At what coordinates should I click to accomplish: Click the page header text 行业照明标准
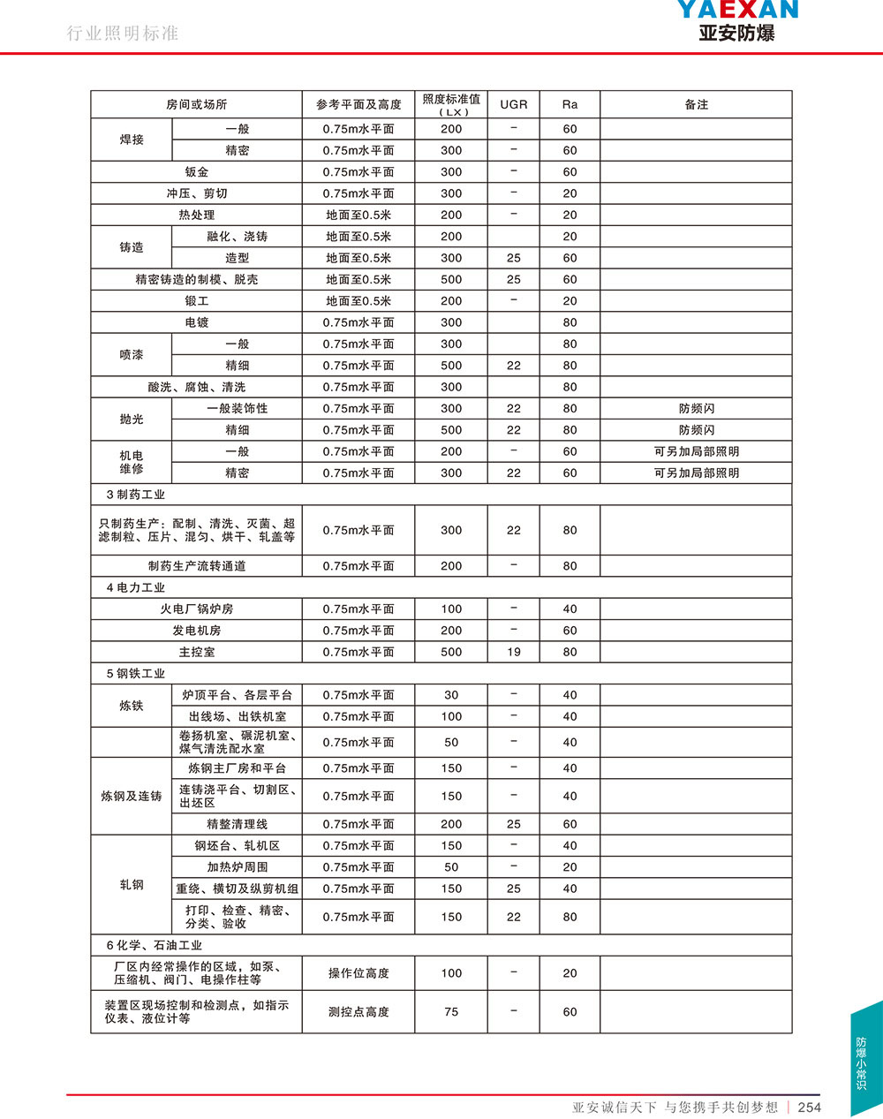(x=123, y=34)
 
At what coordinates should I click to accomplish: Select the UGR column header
(x=513, y=104)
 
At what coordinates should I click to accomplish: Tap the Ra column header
(x=570, y=104)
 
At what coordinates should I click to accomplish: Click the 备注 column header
(x=696, y=104)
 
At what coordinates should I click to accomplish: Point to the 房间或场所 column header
(x=196, y=104)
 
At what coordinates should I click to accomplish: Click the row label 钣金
(x=196, y=172)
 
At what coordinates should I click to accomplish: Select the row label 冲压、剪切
(x=196, y=193)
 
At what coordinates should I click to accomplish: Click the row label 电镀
(x=196, y=322)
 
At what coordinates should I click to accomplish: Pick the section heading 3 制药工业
(x=135, y=495)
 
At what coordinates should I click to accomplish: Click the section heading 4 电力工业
(x=135, y=587)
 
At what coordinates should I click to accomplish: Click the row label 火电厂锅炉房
(x=196, y=609)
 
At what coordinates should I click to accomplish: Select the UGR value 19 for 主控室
(x=513, y=652)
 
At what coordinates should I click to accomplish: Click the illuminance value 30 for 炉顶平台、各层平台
(x=451, y=695)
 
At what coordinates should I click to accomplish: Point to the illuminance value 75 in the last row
(x=451, y=1012)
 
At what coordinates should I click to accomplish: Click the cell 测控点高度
(x=358, y=1012)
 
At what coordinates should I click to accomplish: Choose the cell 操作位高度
(x=358, y=973)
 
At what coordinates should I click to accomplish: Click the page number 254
(x=809, y=1107)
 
